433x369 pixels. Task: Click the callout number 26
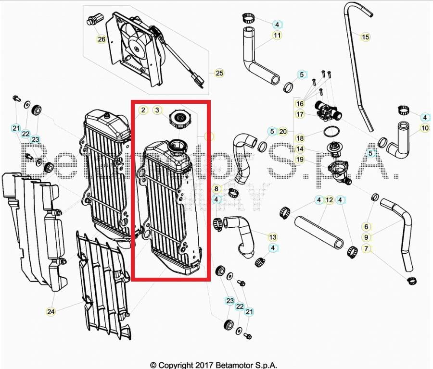101,39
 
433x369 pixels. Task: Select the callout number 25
219,74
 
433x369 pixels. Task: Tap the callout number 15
365,37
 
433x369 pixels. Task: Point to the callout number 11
277,35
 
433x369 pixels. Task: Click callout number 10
425,128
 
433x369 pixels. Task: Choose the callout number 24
51,312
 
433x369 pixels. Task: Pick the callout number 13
272,237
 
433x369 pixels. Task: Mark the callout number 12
330,200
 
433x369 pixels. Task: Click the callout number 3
157,111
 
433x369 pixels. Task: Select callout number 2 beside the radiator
143,111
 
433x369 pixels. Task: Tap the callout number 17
300,114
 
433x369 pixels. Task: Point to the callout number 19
300,160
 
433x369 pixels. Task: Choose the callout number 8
216,189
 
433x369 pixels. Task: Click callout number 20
283,131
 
